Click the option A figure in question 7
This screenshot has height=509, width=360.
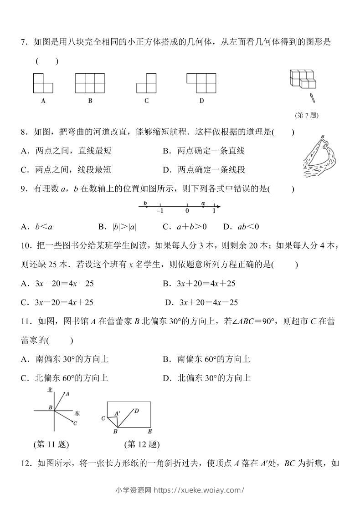tap(43, 83)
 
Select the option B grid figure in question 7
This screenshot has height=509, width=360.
tap(90, 83)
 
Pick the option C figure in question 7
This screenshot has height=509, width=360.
tap(146, 83)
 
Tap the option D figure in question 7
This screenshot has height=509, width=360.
tap(201, 83)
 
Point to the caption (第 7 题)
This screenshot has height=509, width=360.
tap(307, 115)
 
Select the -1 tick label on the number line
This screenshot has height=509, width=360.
tap(160, 211)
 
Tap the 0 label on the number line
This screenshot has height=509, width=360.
tap(187, 211)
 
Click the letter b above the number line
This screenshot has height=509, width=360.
tap(145, 203)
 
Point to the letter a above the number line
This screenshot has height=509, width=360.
tap(203, 203)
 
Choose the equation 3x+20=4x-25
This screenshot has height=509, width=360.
tap(208, 302)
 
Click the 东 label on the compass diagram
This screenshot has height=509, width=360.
tap(77, 413)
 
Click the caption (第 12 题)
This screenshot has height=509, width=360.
tap(142, 444)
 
